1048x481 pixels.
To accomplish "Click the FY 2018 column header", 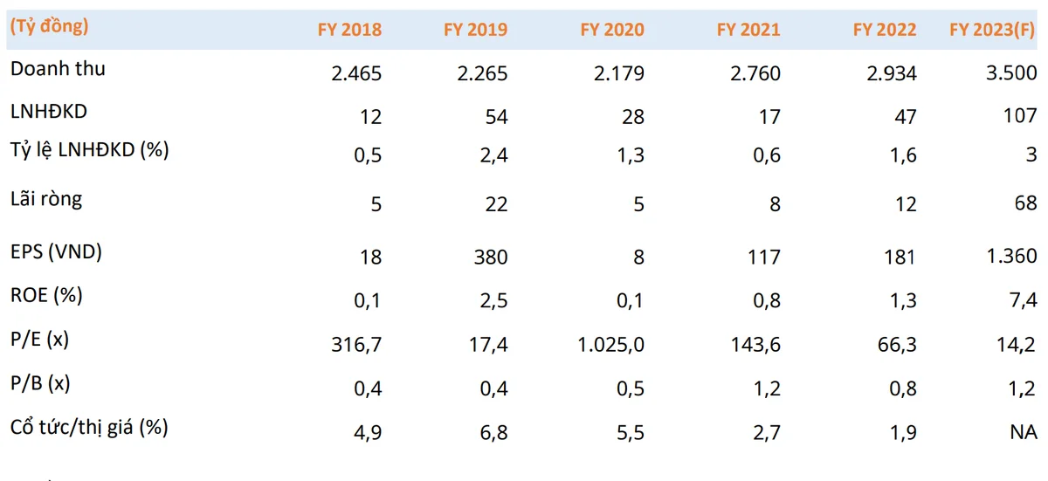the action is [349, 30].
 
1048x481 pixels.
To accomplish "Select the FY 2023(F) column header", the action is [992, 30].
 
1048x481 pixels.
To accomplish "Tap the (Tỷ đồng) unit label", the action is [49, 26].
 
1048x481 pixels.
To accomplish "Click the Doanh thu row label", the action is [58, 69].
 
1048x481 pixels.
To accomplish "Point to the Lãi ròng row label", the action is [46, 199].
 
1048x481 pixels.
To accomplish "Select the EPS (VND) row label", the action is [56, 251].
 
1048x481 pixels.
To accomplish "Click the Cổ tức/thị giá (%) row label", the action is [89, 427].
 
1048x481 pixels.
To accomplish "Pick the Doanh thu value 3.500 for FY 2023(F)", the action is [1011, 73].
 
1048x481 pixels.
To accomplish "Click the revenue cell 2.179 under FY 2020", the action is [619, 73].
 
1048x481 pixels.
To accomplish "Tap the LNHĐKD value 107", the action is [1020, 115].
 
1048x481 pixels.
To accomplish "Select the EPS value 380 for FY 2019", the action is [491, 258].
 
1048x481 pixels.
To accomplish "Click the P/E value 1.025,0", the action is [611, 345].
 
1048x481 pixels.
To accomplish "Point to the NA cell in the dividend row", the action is [1024, 432].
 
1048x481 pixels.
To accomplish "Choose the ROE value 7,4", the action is [1024, 300].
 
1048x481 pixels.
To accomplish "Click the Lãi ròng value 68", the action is [1025, 203].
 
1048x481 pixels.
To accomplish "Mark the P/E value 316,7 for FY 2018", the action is [356, 345].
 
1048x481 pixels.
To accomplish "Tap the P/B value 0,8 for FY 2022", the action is [903, 389].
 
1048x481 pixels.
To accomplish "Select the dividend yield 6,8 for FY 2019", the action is [494, 433].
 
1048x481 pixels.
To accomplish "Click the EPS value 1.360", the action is [1011, 256].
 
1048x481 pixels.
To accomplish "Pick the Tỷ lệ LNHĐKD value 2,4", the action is [494, 155].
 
